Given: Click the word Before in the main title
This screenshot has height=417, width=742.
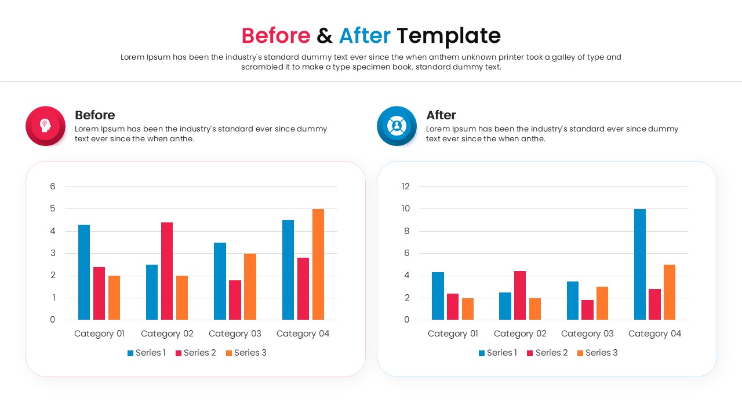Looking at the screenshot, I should pyautogui.click(x=276, y=36).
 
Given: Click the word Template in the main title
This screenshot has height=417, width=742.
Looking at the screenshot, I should pyautogui.click(x=449, y=36).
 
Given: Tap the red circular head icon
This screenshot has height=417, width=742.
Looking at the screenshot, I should pyautogui.click(x=45, y=125).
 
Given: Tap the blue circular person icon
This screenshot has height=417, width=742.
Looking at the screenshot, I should pyautogui.click(x=397, y=125).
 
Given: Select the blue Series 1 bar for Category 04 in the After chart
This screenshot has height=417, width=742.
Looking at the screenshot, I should pyautogui.click(x=640, y=264).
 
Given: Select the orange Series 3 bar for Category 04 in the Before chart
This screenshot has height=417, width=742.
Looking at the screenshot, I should pyautogui.click(x=318, y=264).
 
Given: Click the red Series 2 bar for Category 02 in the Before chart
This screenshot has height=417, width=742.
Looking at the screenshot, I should pyautogui.click(x=167, y=271).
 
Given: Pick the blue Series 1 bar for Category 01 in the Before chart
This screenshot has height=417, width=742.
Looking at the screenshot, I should pyautogui.click(x=84, y=272).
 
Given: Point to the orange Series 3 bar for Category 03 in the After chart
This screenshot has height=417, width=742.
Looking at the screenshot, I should pyautogui.click(x=602, y=303).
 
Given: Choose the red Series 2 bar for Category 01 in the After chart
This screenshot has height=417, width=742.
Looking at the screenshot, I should pyautogui.click(x=453, y=306).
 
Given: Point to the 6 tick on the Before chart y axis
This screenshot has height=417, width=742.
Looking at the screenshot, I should pyautogui.click(x=53, y=186).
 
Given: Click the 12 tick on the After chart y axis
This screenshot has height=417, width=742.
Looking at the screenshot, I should pyautogui.click(x=406, y=186).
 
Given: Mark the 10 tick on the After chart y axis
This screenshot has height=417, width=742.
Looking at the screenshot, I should pyautogui.click(x=406, y=209).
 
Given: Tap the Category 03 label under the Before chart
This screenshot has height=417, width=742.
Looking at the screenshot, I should pyautogui.click(x=235, y=334).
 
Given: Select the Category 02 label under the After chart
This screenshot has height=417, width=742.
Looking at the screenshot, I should pyautogui.click(x=520, y=334).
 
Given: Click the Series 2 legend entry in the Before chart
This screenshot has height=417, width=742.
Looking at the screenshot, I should pyautogui.click(x=196, y=353).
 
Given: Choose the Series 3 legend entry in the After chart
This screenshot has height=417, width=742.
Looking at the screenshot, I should pyautogui.click(x=598, y=353).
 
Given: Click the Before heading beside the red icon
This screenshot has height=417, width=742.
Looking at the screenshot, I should pyautogui.click(x=95, y=115).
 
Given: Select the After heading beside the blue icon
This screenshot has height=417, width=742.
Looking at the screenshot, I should pyautogui.click(x=441, y=115).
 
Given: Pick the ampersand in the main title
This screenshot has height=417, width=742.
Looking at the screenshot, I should pyautogui.click(x=325, y=36).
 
